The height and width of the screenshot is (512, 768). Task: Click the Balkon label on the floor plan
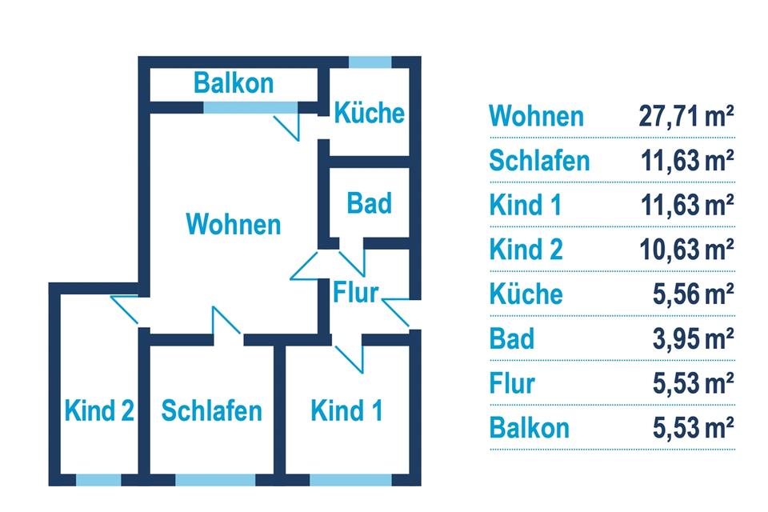tap(234, 82)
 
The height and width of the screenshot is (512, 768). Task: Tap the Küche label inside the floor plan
tap(369, 113)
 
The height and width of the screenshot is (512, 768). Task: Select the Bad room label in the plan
tap(369, 203)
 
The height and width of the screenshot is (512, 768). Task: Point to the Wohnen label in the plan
tap(234, 224)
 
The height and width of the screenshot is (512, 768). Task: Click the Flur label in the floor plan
tap(355, 292)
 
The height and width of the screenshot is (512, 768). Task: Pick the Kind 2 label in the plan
tap(98, 411)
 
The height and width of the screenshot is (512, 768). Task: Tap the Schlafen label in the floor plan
tap(211, 411)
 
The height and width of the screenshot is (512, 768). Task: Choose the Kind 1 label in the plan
tap(346, 411)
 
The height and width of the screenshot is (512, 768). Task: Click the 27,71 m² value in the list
tap(686, 116)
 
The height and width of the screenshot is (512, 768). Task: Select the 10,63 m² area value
tap(686, 250)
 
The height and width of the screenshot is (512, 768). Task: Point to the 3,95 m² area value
tap(693, 338)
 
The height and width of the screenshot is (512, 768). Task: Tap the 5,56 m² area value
tap(693, 294)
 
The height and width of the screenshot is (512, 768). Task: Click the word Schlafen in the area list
tap(539, 161)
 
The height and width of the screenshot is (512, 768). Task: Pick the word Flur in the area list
tap(512, 383)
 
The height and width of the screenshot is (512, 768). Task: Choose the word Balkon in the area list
tap(530, 427)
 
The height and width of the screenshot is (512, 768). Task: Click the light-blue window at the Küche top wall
tap(370, 62)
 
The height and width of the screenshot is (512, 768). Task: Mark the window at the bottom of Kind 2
tap(98, 480)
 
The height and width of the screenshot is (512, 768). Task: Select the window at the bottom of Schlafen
tap(215, 480)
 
